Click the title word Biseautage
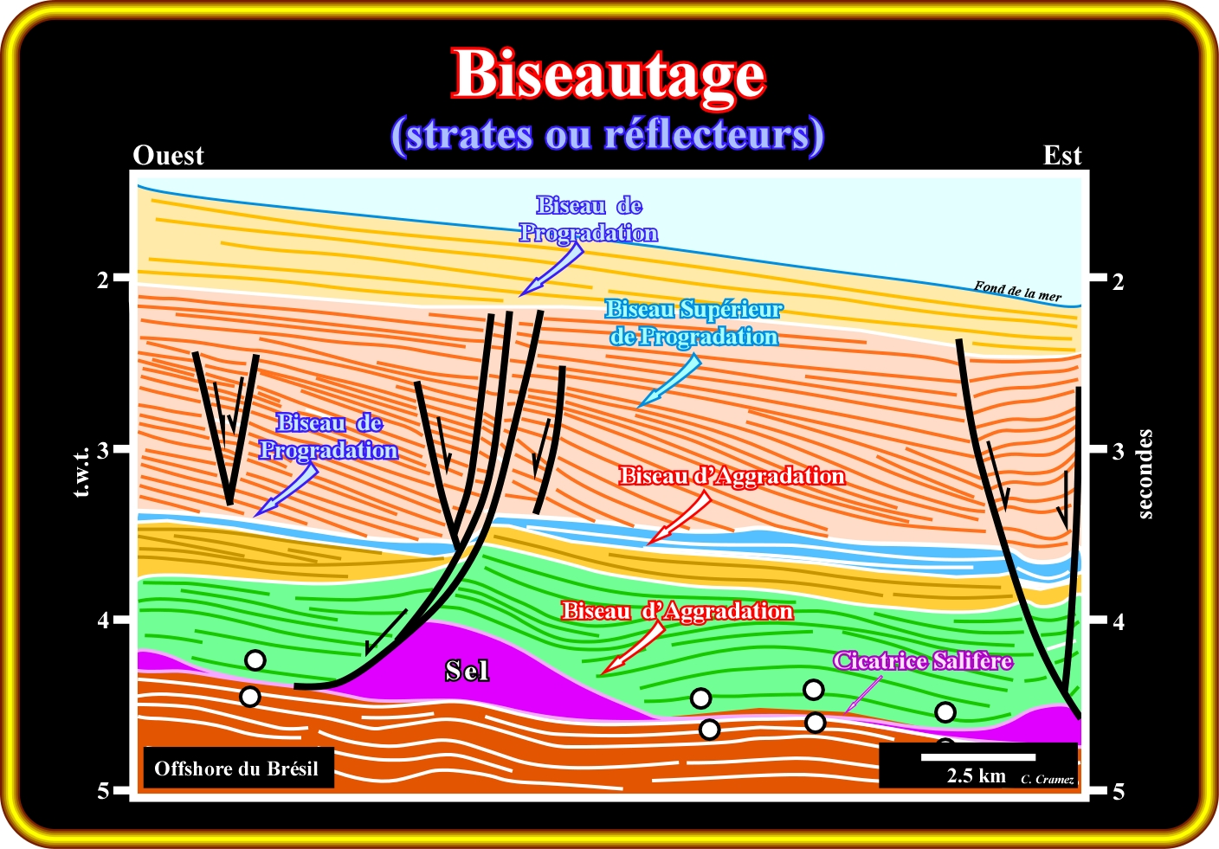click(609, 74)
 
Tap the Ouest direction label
click(168, 156)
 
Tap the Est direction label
click(1062, 156)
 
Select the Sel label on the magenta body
click(467, 671)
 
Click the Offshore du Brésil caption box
click(236, 769)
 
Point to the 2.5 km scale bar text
click(976, 775)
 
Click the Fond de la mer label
click(1017, 291)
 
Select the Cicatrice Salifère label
click(923, 661)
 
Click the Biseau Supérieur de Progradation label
click(693, 323)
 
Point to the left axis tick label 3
click(104, 450)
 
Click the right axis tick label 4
click(1119, 621)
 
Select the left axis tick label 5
click(104, 791)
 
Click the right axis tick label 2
click(1119, 281)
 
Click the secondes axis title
click(1145, 473)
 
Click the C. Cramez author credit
click(1048, 780)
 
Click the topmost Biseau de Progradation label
click(589, 219)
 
